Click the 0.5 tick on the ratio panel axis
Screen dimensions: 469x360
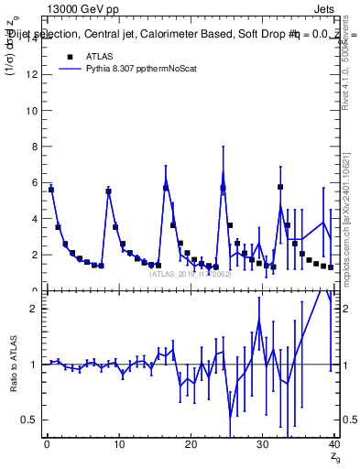point(30,420)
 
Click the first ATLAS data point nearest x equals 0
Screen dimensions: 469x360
point(51,190)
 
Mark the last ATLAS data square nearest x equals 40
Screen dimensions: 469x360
point(331,267)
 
